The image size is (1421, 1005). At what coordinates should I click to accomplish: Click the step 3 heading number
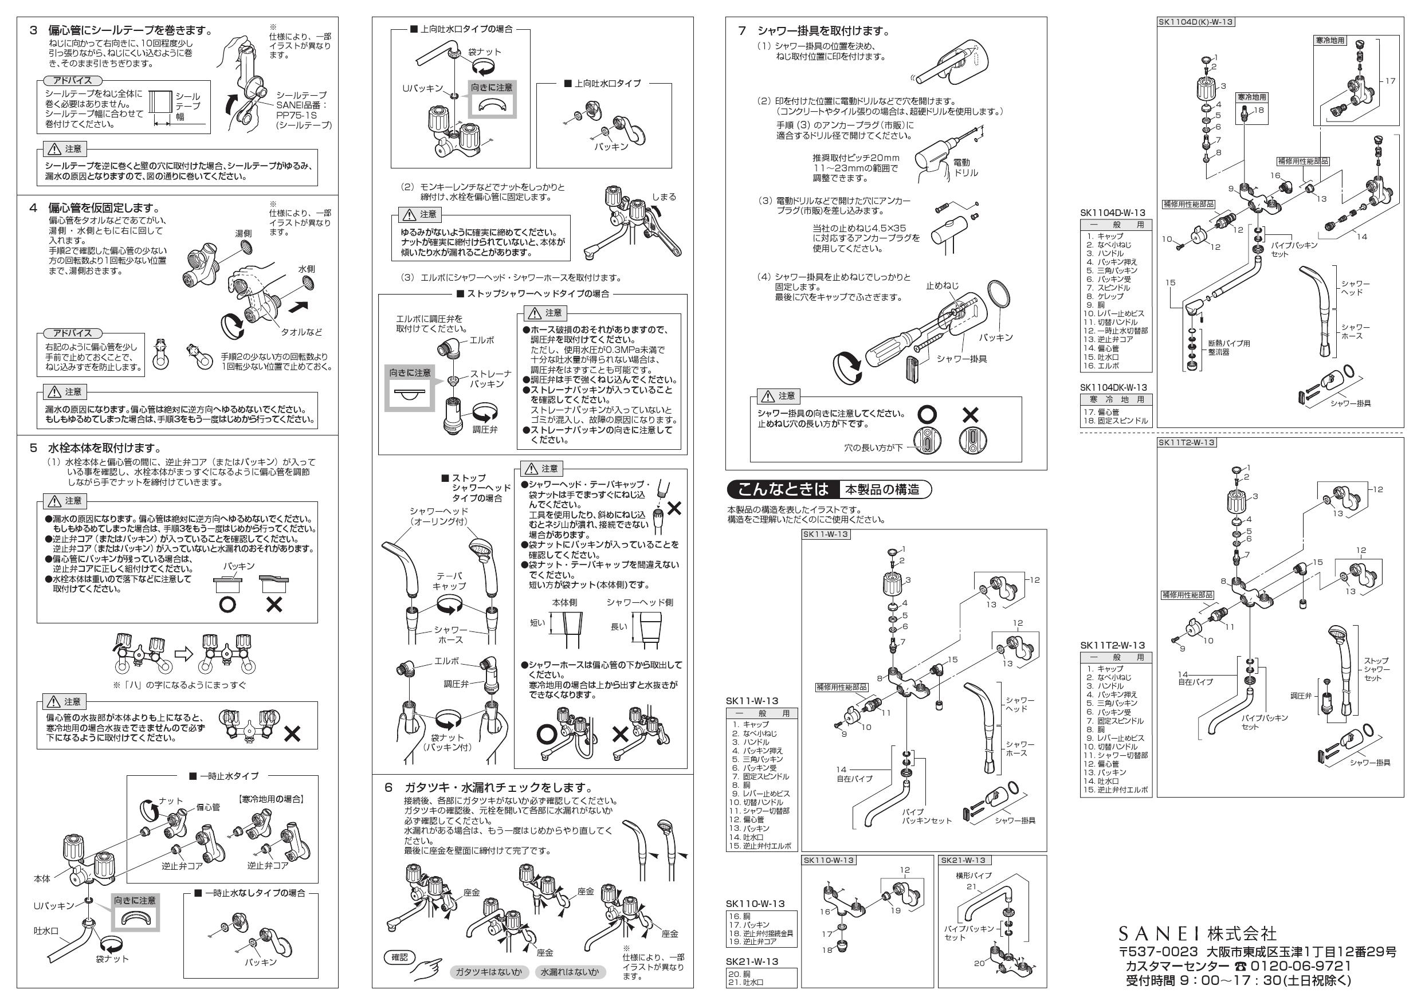(34, 30)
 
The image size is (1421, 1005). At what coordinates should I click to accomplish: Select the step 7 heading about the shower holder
(823, 31)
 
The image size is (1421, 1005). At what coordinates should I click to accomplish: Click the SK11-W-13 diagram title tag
(826, 534)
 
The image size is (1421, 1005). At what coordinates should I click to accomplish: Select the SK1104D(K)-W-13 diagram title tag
(1196, 22)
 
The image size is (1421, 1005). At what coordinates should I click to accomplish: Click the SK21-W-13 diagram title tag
(963, 860)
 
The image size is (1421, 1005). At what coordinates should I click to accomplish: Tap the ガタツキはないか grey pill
(488, 972)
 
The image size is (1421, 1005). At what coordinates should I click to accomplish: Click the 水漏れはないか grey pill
(570, 972)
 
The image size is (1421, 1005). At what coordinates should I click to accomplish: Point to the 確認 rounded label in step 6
(400, 957)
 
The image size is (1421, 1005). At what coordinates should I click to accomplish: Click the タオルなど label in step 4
(301, 332)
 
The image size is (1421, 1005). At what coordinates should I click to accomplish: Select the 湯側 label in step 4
(243, 233)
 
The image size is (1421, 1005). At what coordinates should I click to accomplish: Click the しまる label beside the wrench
(664, 197)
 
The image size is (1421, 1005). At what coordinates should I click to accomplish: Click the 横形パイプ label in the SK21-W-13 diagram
(973, 876)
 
